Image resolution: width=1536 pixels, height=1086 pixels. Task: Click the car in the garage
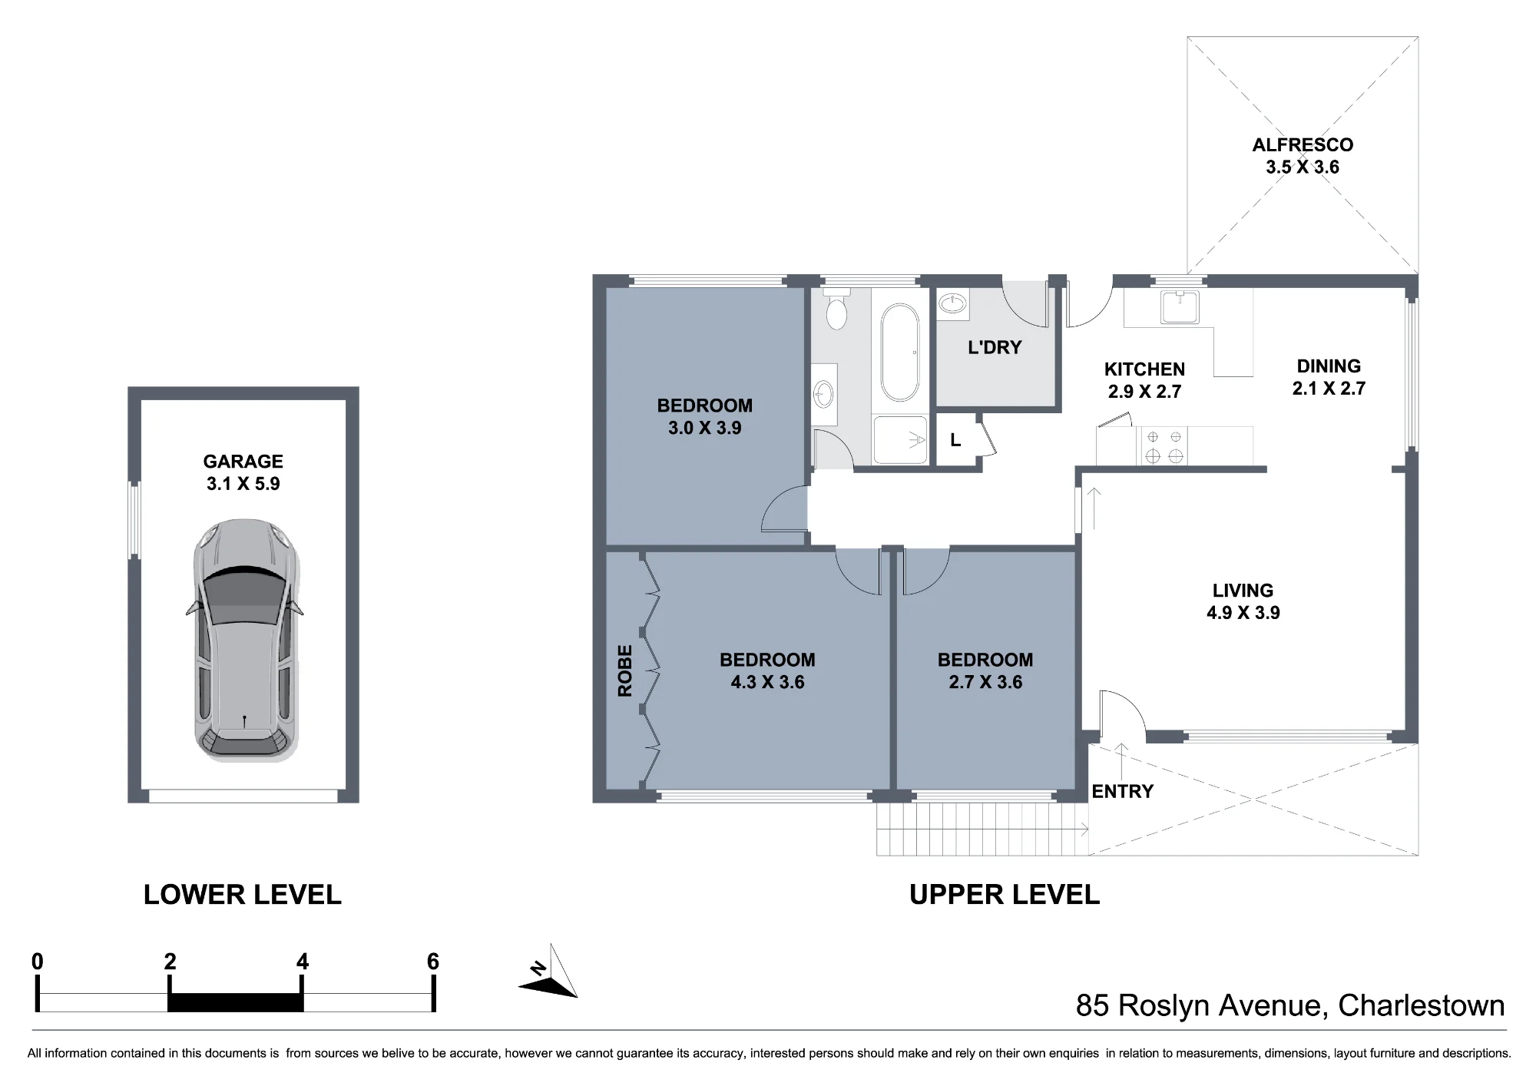pyautogui.click(x=244, y=641)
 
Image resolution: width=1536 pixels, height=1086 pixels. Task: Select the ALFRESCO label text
pyautogui.click(x=1303, y=144)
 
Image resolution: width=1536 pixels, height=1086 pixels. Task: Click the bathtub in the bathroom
pyautogui.click(x=899, y=353)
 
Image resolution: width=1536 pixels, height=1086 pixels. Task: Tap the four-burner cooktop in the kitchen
pyautogui.click(x=1164, y=446)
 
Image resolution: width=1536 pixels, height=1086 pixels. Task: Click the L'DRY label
pyautogui.click(x=995, y=347)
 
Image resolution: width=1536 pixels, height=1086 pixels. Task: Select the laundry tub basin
pyautogui.click(x=953, y=303)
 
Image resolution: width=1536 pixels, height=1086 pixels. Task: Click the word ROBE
pyautogui.click(x=625, y=670)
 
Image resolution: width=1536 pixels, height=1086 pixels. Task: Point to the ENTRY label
pyautogui.click(x=1122, y=791)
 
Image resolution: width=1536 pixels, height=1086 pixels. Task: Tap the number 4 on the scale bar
pyautogui.click(x=303, y=962)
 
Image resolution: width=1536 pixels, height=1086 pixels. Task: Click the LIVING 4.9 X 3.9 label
pyautogui.click(x=1243, y=601)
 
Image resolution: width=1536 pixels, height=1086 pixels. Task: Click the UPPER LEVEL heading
pyautogui.click(x=1005, y=895)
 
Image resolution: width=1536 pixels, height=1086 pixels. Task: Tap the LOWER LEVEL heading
pyautogui.click(x=243, y=895)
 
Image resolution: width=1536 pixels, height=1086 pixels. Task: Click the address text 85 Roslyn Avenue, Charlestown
pyautogui.click(x=1290, y=1006)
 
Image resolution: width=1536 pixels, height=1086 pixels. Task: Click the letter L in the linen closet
pyautogui.click(x=955, y=440)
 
